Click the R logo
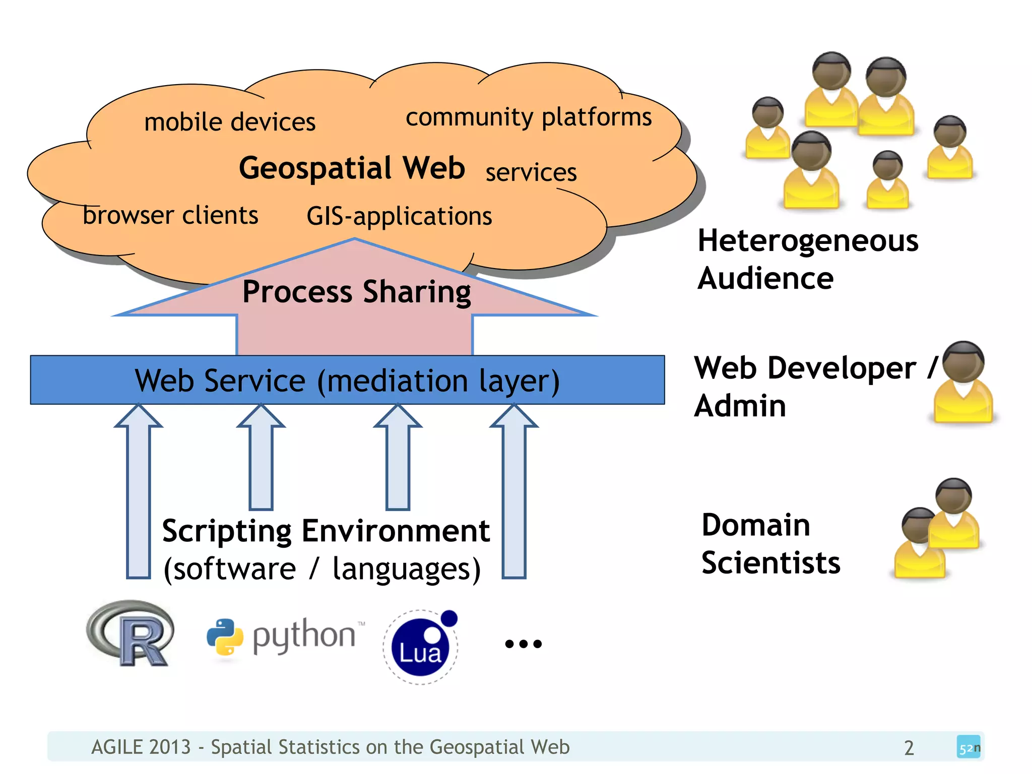[x=131, y=633]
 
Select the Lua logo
[x=421, y=647]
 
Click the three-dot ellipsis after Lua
[x=523, y=643]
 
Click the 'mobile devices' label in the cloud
[x=230, y=122]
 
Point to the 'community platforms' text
[x=529, y=117]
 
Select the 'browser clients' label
[x=170, y=216]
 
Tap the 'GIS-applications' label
[x=399, y=216]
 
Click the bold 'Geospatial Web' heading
[x=352, y=168]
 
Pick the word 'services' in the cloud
[x=531, y=172]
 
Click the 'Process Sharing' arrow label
[x=356, y=292]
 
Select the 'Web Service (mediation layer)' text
[x=347, y=380]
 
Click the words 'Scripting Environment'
[x=326, y=531]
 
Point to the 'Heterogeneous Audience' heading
[x=807, y=259]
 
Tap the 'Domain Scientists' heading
[x=770, y=544]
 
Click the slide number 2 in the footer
[x=909, y=748]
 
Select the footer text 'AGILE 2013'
[x=141, y=747]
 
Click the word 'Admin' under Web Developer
[x=740, y=406]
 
